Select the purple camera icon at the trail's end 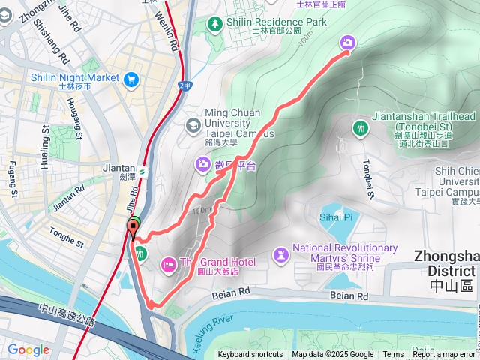(x=348, y=43)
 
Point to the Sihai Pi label (x=337, y=217)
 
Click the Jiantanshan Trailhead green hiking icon (x=361, y=128)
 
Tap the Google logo (x=28, y=349)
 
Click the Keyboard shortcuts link (x=250, y=355)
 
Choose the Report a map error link (x=444, y=355)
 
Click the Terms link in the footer (x=393, y=355)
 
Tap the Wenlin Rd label (x=174, y=32)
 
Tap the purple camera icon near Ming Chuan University (x=203, y=164)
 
